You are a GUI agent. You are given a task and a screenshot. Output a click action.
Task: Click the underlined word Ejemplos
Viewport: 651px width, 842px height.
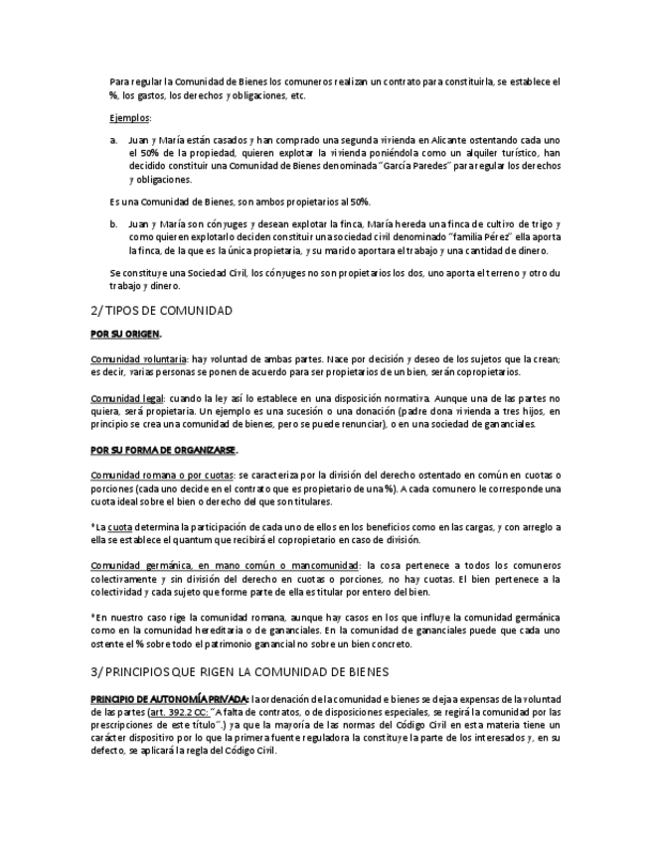(x=130, y=118)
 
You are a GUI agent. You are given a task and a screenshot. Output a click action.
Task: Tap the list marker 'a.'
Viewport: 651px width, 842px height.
(x=114, y=141)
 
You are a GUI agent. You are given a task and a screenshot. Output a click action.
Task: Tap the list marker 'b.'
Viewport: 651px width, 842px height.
(x=114, y=224)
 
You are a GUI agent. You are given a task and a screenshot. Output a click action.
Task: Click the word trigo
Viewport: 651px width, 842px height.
(x=533, y=224)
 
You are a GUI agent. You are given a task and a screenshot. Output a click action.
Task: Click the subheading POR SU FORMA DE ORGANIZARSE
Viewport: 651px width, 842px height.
(x=171, y=449)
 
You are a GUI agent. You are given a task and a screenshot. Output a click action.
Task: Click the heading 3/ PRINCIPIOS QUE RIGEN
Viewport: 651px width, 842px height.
(x=239, y=672)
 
